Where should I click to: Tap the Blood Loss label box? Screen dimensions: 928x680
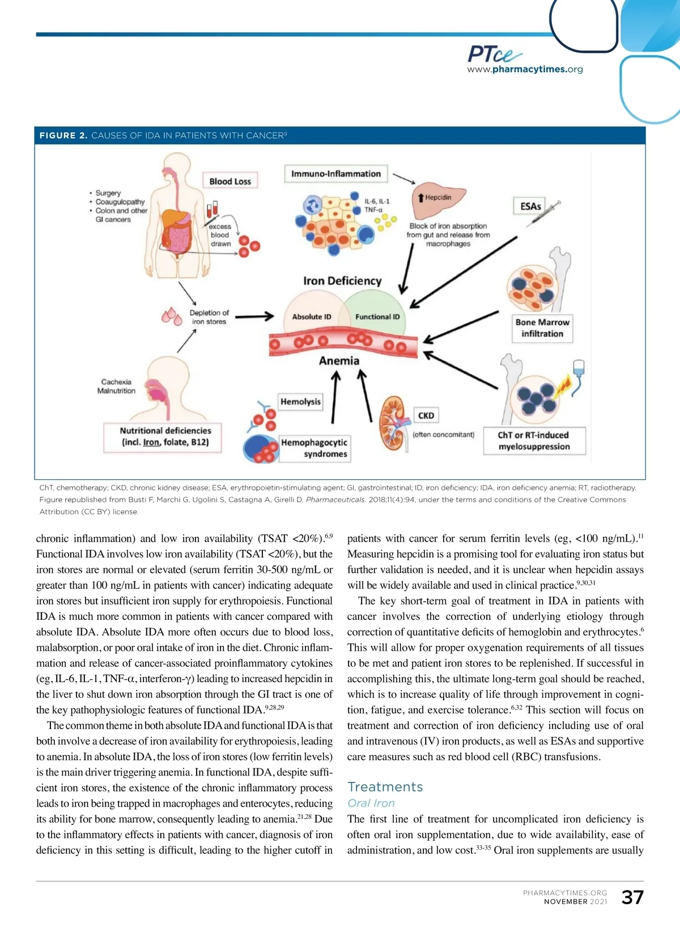229,181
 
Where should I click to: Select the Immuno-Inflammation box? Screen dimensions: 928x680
335,174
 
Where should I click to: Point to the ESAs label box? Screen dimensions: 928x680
530,206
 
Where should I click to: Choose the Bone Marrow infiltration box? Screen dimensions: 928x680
542,328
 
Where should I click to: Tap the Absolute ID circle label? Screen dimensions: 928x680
312,317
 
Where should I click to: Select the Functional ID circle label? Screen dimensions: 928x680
377,317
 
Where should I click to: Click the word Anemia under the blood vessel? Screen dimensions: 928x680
339,361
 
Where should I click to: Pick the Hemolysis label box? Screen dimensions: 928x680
300,402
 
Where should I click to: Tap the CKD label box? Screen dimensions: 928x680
426,415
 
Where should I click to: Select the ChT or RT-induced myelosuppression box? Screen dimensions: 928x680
534,441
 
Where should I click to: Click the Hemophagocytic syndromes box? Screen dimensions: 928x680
314,448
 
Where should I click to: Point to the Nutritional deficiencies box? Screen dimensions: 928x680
165,436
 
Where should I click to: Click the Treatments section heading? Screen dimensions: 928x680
385,787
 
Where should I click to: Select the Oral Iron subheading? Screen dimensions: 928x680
371,803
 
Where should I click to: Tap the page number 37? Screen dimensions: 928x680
632,897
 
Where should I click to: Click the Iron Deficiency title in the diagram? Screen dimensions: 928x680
342,281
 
